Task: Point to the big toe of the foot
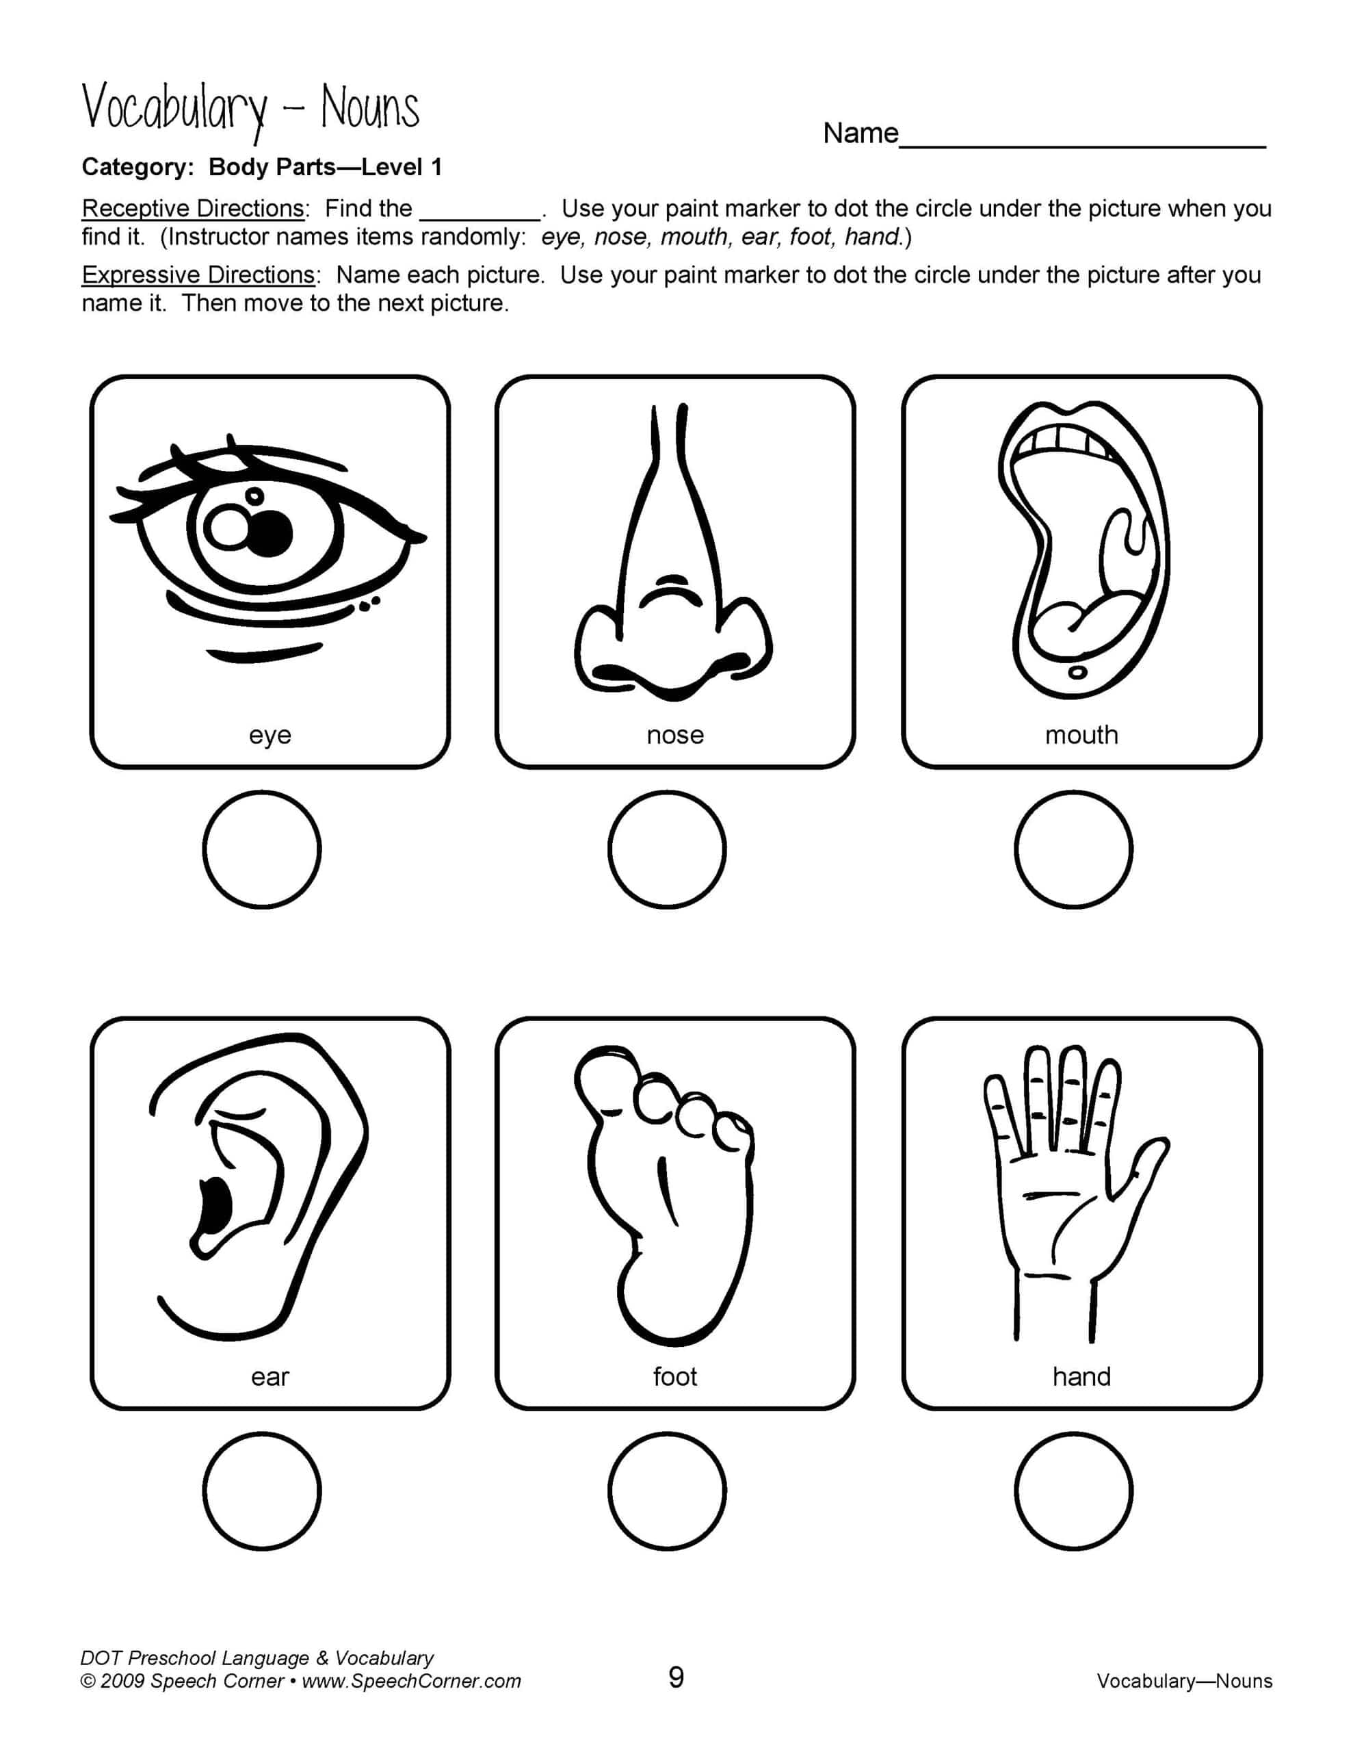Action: click(606, 1079)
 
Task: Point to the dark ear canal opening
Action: click(214, 1207)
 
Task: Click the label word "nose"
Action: click(675, 735)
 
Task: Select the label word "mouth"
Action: click(1081, 735)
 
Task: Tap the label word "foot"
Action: click(675, 1376)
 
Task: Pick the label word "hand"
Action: click(1081, 1376)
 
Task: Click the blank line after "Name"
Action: click(1083, 148)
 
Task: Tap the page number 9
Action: click(676, 1678)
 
